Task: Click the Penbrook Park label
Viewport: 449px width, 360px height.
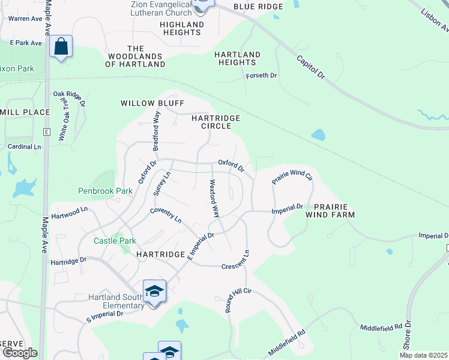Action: point(105,191)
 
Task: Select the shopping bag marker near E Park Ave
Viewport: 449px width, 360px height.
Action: point(61,47)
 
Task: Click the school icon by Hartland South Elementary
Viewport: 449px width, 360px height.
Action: point(155,292)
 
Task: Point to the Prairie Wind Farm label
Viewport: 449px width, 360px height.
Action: point(330,211)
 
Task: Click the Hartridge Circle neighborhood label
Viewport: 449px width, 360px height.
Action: point(215,122)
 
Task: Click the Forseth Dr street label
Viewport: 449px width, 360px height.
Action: point(261,76)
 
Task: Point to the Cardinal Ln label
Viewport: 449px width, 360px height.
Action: point(25,146)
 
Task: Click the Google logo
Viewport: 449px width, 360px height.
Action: point(19,352)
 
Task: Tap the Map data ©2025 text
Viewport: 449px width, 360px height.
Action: point(423,355)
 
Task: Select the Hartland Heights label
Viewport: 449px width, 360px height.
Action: point(238,58)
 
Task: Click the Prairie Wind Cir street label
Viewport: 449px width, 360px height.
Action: point(292,176)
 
